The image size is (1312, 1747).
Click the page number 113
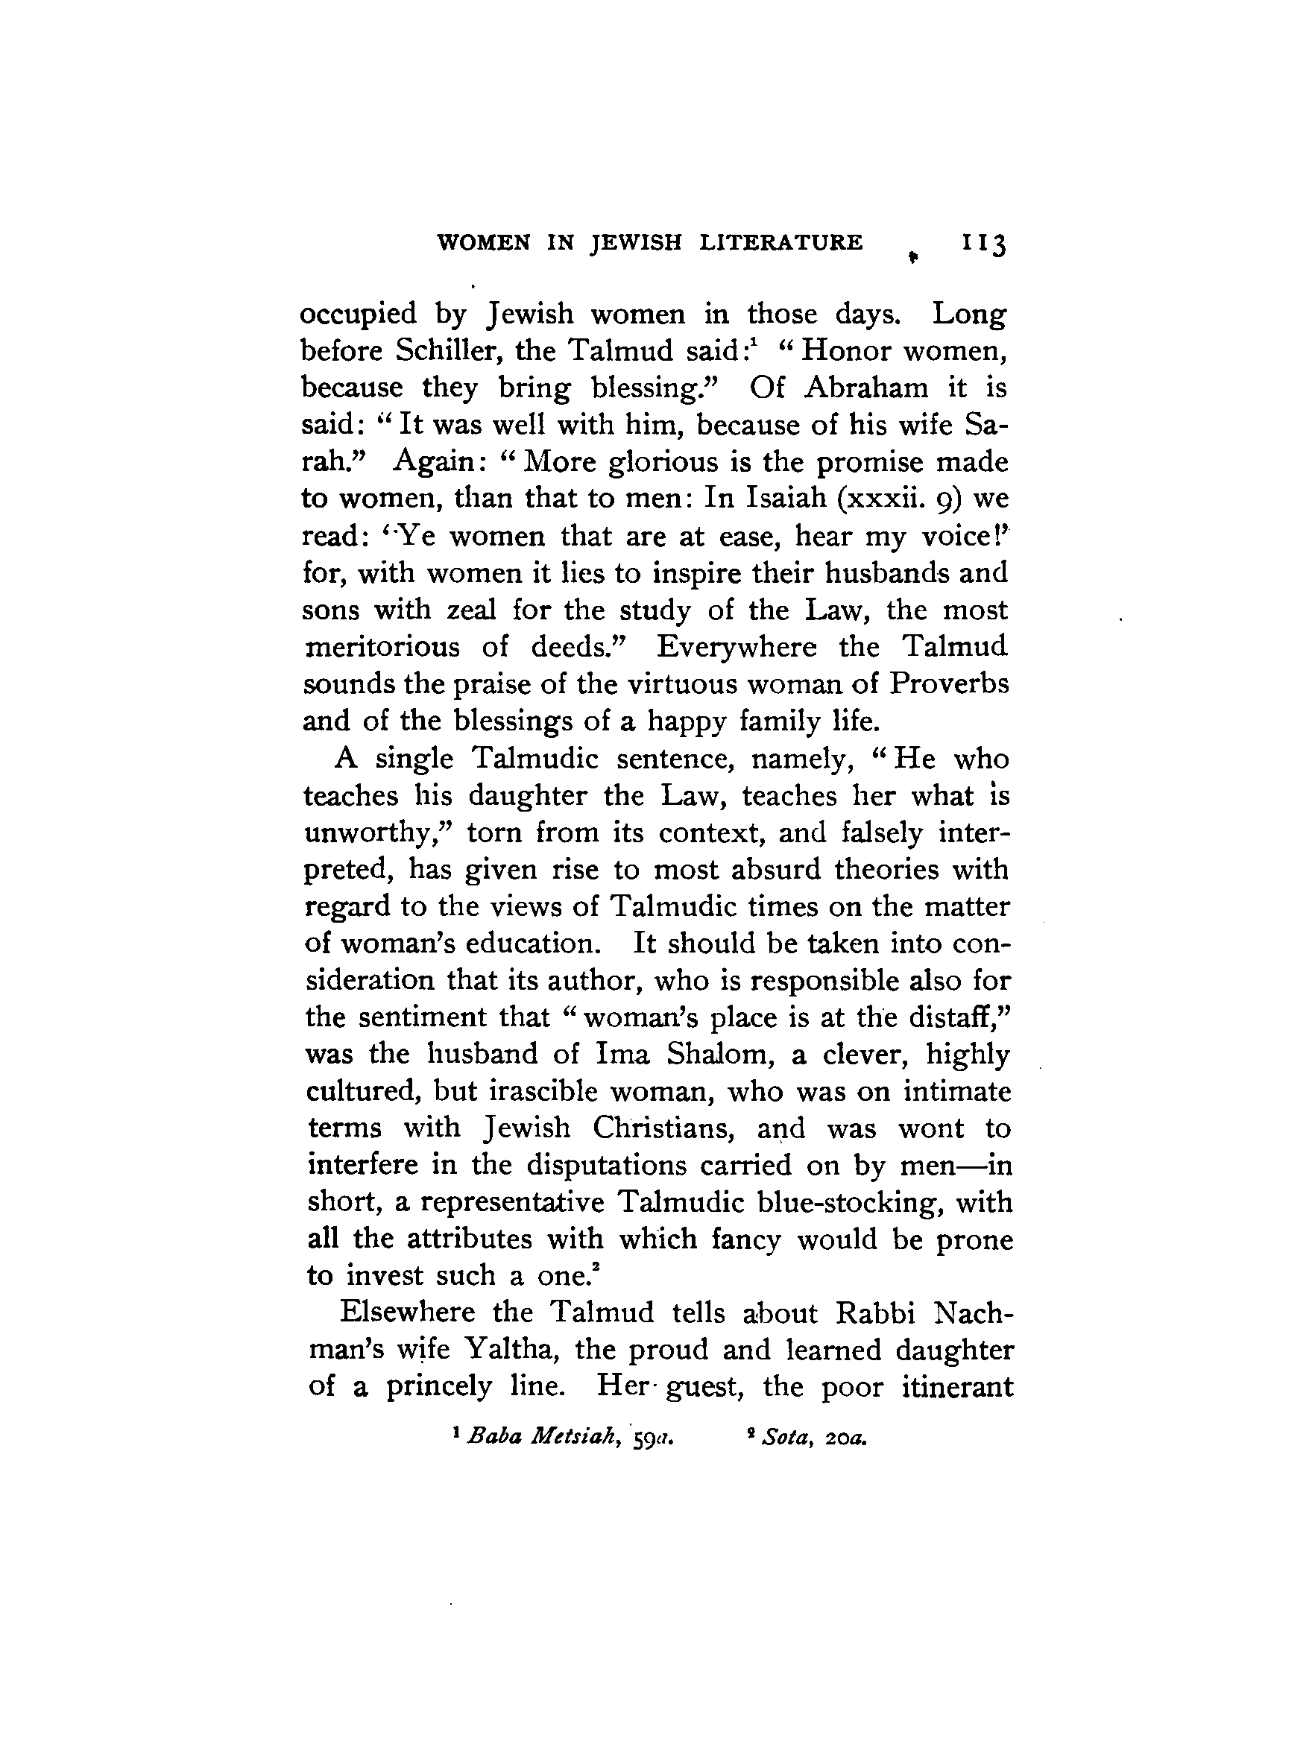pos(982,243)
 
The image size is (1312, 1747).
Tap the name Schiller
pos(451,350)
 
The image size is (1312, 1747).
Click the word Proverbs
pos(949,683)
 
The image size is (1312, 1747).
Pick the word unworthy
pos(376,833)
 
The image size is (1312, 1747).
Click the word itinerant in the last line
pos(956,1387)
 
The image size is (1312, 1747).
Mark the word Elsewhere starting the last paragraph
pos(406,1312)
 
